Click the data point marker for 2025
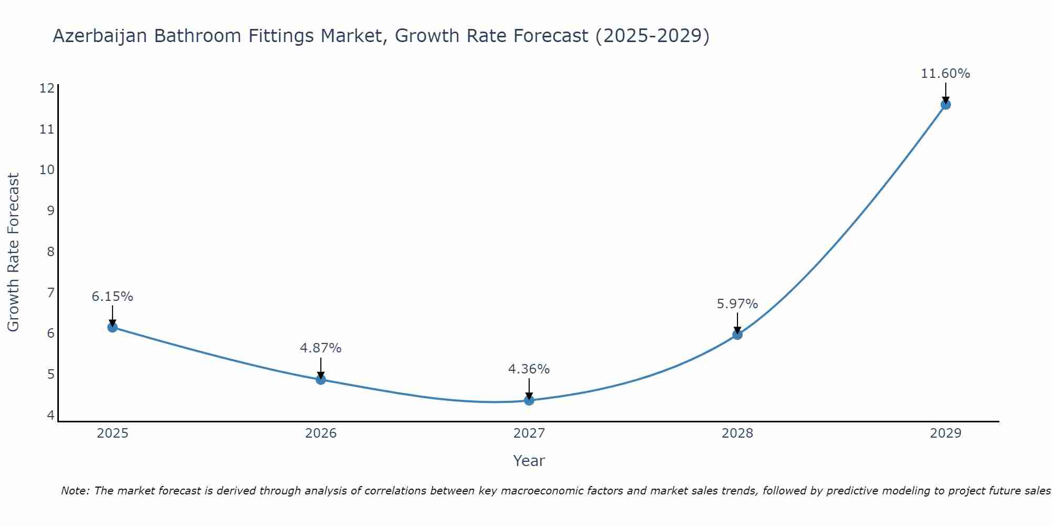tap(113, 327)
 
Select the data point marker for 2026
tap(321, 379)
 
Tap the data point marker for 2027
tap(529, 400)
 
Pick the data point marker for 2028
tap(737, 335)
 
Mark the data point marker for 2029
tap(945, 104)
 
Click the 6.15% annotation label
tap(113, 297)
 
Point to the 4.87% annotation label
tap(321, 348)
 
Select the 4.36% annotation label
tap(529, 369)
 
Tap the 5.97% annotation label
tap(737, 304)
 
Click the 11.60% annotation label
tap(945, 74)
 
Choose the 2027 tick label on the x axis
tap(529, 433)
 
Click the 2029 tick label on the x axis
tap(945, 433)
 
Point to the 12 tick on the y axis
tap(47, 88)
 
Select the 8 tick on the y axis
tap(50, 251)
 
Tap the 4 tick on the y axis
tap(50, 415)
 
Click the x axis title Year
tap(529, 461)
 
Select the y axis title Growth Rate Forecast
tap(13, 252)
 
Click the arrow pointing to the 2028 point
tap(737, 322)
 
